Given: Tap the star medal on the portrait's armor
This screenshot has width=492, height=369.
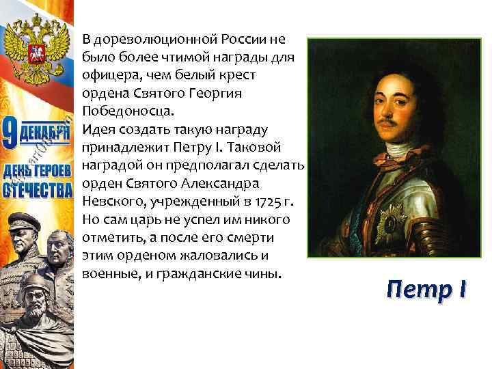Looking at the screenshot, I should point(392,218).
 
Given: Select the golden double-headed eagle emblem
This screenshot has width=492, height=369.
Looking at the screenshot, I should point(34,41).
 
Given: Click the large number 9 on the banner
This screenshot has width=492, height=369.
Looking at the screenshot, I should point(10,133).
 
